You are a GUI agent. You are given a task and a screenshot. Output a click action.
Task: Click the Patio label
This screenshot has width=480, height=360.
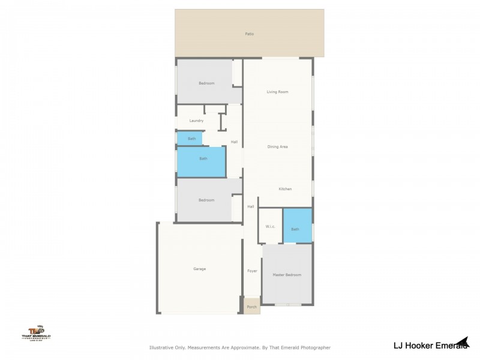click(x=250, y=34)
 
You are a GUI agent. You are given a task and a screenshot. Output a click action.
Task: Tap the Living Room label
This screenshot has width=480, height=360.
click(x=278, y=92)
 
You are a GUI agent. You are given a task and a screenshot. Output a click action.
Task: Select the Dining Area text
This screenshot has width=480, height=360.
click(x=278, y=147)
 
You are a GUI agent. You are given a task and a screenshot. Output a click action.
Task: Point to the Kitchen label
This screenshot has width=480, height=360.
click(x=285, y=189)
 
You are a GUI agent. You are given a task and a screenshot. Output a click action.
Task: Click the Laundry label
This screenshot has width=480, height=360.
click(x=196, y=121)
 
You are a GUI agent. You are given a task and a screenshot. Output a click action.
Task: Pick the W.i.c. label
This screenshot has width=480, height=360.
click(x=270, y=227)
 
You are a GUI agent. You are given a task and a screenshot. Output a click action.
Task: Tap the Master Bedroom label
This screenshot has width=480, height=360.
click(x=287, y=275)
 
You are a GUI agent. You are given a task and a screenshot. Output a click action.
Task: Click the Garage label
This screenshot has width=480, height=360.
click(x=200, y=269)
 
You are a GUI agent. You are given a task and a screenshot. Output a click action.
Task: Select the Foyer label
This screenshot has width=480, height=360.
click(x=253, y=271)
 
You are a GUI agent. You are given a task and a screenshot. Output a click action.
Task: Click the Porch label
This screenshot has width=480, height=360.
click(x=252, y=307)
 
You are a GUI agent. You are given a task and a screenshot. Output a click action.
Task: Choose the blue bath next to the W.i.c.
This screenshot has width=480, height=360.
click(x=295, y=229)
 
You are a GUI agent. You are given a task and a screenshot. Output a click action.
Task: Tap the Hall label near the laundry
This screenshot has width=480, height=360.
click(x=235, y=142)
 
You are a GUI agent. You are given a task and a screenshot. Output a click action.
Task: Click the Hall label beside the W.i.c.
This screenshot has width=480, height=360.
click(x=251, y=207)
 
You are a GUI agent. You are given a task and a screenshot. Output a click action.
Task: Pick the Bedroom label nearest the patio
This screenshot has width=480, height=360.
click(x=206, y=83)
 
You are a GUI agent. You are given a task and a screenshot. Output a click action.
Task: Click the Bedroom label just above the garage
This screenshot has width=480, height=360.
click(x=206, y=200)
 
